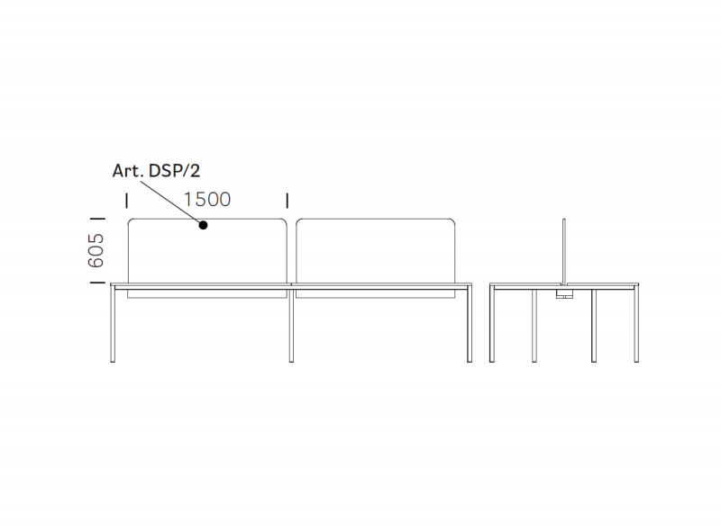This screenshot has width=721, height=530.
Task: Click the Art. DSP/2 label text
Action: (156, 171)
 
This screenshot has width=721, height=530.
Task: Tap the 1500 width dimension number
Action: (207, 200)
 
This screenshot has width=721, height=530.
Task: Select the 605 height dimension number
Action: (96, 250)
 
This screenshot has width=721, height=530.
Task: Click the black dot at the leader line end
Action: (203, 225)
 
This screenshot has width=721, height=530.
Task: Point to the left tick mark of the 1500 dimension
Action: (127, 201)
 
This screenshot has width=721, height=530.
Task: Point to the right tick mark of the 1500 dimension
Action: (287, 201)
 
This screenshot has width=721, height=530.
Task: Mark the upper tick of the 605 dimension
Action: (97, 219)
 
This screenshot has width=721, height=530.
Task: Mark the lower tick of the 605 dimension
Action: (97, 282)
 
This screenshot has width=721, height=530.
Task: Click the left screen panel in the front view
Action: (207, 258)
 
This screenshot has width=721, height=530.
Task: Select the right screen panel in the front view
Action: (376, 258)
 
